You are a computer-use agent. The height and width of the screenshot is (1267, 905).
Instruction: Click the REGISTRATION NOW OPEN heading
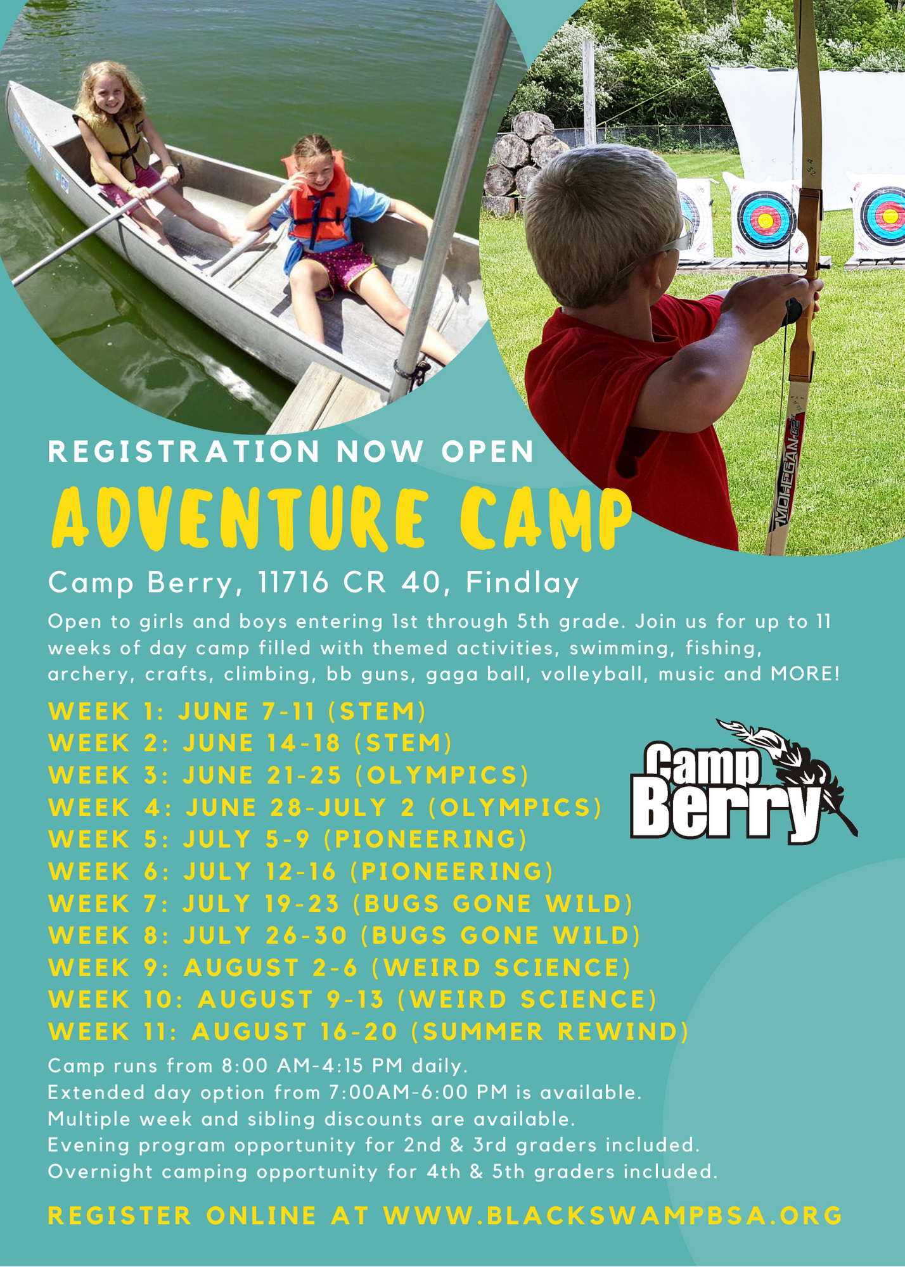coord(291,451)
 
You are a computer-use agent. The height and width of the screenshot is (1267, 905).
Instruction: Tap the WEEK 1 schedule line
coord(237,711)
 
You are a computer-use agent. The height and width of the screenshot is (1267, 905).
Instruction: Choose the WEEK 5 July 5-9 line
coord(288,839)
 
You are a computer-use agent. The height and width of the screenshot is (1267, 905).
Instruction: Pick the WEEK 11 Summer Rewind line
coord(369,1032)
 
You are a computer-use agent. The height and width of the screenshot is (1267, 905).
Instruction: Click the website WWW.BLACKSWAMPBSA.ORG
coord(613,1216)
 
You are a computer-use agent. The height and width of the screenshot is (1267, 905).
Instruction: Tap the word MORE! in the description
coord(805,673)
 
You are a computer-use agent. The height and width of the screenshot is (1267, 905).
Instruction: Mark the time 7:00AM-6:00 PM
coord(399,1093)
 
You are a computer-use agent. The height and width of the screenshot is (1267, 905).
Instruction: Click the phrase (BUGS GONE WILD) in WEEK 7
coord(492,904)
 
